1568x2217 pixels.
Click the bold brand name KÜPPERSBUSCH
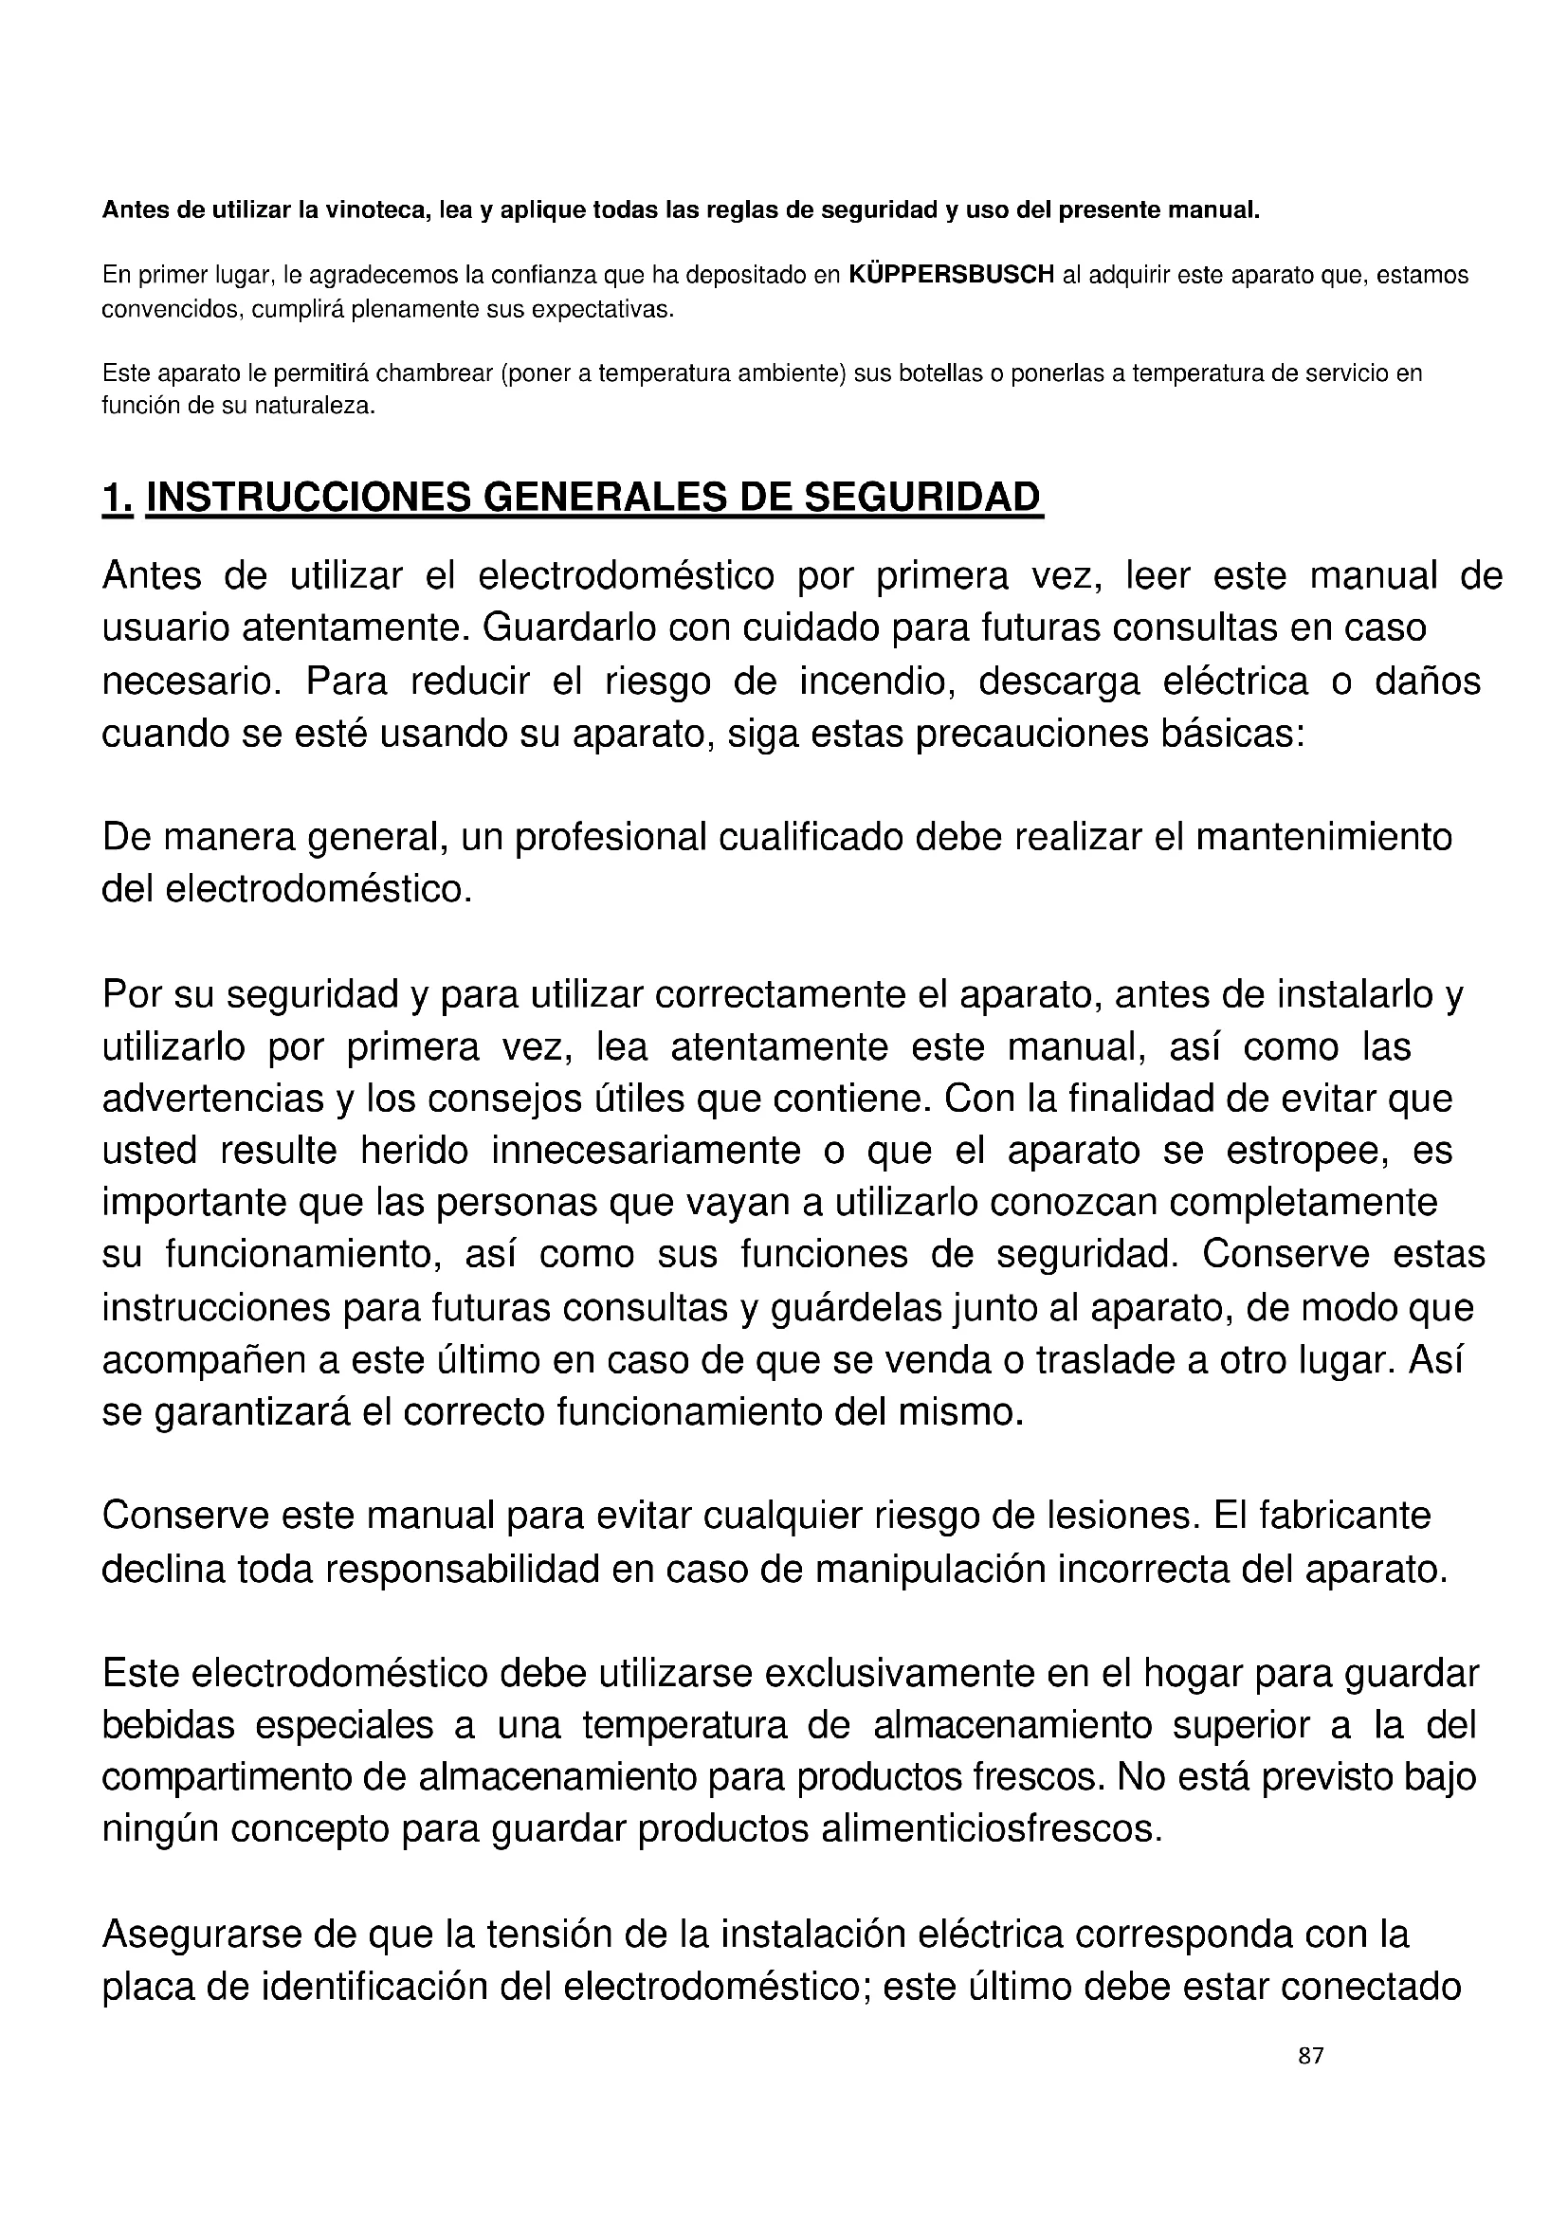(x=951, y=275)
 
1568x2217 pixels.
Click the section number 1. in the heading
(x=117, y=498)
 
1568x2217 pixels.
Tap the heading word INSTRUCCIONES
(x=306, y=498)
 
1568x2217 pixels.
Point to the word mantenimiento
(x=1323, y=837)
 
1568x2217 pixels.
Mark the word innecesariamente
(x=646, y=1151)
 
